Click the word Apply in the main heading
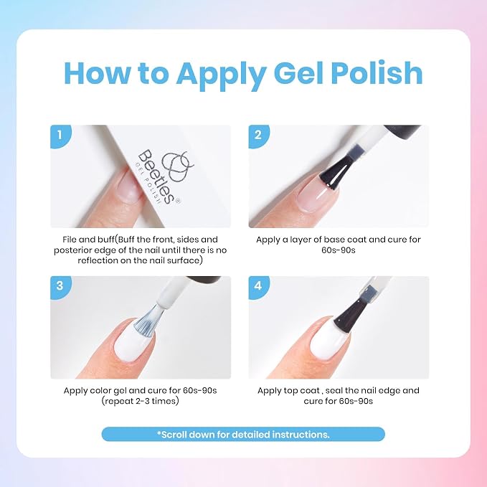(x=220, y=74)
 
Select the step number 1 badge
(x=60, y=136)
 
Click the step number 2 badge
(x=259, y=136)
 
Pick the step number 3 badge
(x=60, y=287)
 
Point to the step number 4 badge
(x=259, y=287)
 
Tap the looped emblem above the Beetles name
(x=176, y=165)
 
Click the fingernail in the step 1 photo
(x=130, y=186)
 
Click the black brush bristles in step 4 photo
(x=348, y=317)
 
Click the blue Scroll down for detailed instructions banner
(x=243, y=434)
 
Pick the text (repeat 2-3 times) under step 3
(x=140, y=401)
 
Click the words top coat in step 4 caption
(x=301, y=391)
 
